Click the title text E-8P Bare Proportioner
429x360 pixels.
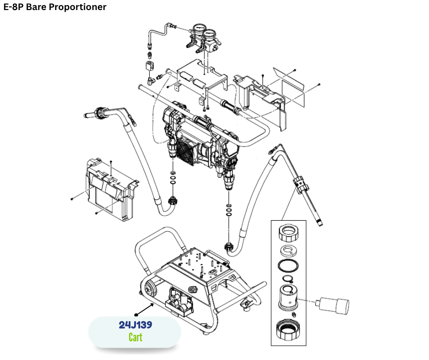55,7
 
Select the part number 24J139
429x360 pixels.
135,325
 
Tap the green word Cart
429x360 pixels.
135,338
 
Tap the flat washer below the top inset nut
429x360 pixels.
288,250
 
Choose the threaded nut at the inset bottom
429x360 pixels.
289,329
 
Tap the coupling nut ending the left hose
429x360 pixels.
173,200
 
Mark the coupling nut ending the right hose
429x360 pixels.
229,247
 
